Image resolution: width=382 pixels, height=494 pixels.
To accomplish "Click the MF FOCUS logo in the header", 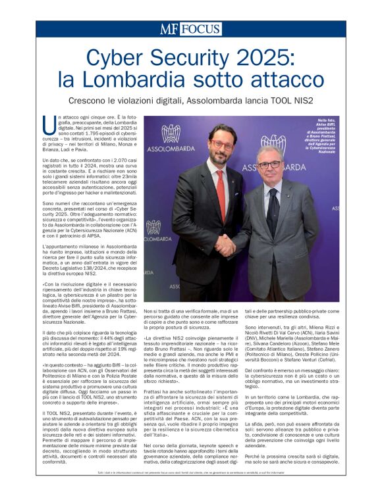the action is tap(190, 29).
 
